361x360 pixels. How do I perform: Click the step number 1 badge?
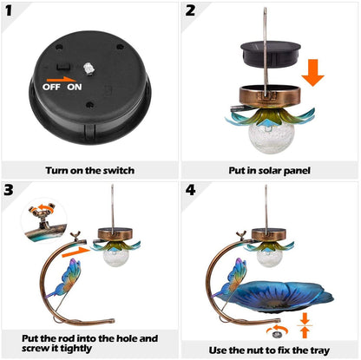[x=13, y=13]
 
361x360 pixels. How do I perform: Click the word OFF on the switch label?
[x=52, y=86]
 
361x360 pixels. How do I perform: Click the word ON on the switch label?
[x=75, y=86]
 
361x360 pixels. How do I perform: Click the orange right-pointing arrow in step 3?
[x=79, y=252]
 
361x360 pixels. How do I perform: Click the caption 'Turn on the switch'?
[x=90, y=170]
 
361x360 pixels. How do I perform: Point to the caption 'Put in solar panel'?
[x=271, y=170]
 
